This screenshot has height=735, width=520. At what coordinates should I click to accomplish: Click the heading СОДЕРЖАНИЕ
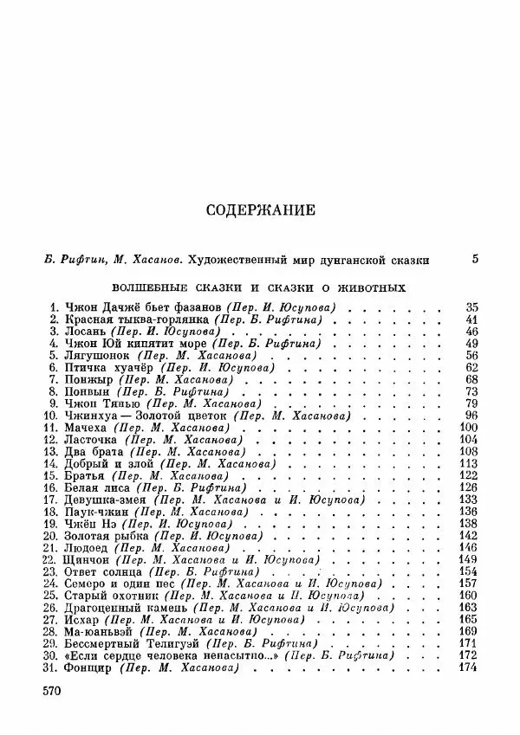pos(260,210)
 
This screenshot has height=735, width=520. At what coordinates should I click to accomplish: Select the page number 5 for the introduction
pos(474,258)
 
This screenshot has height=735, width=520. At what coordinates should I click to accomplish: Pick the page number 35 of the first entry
pos(471,306)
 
